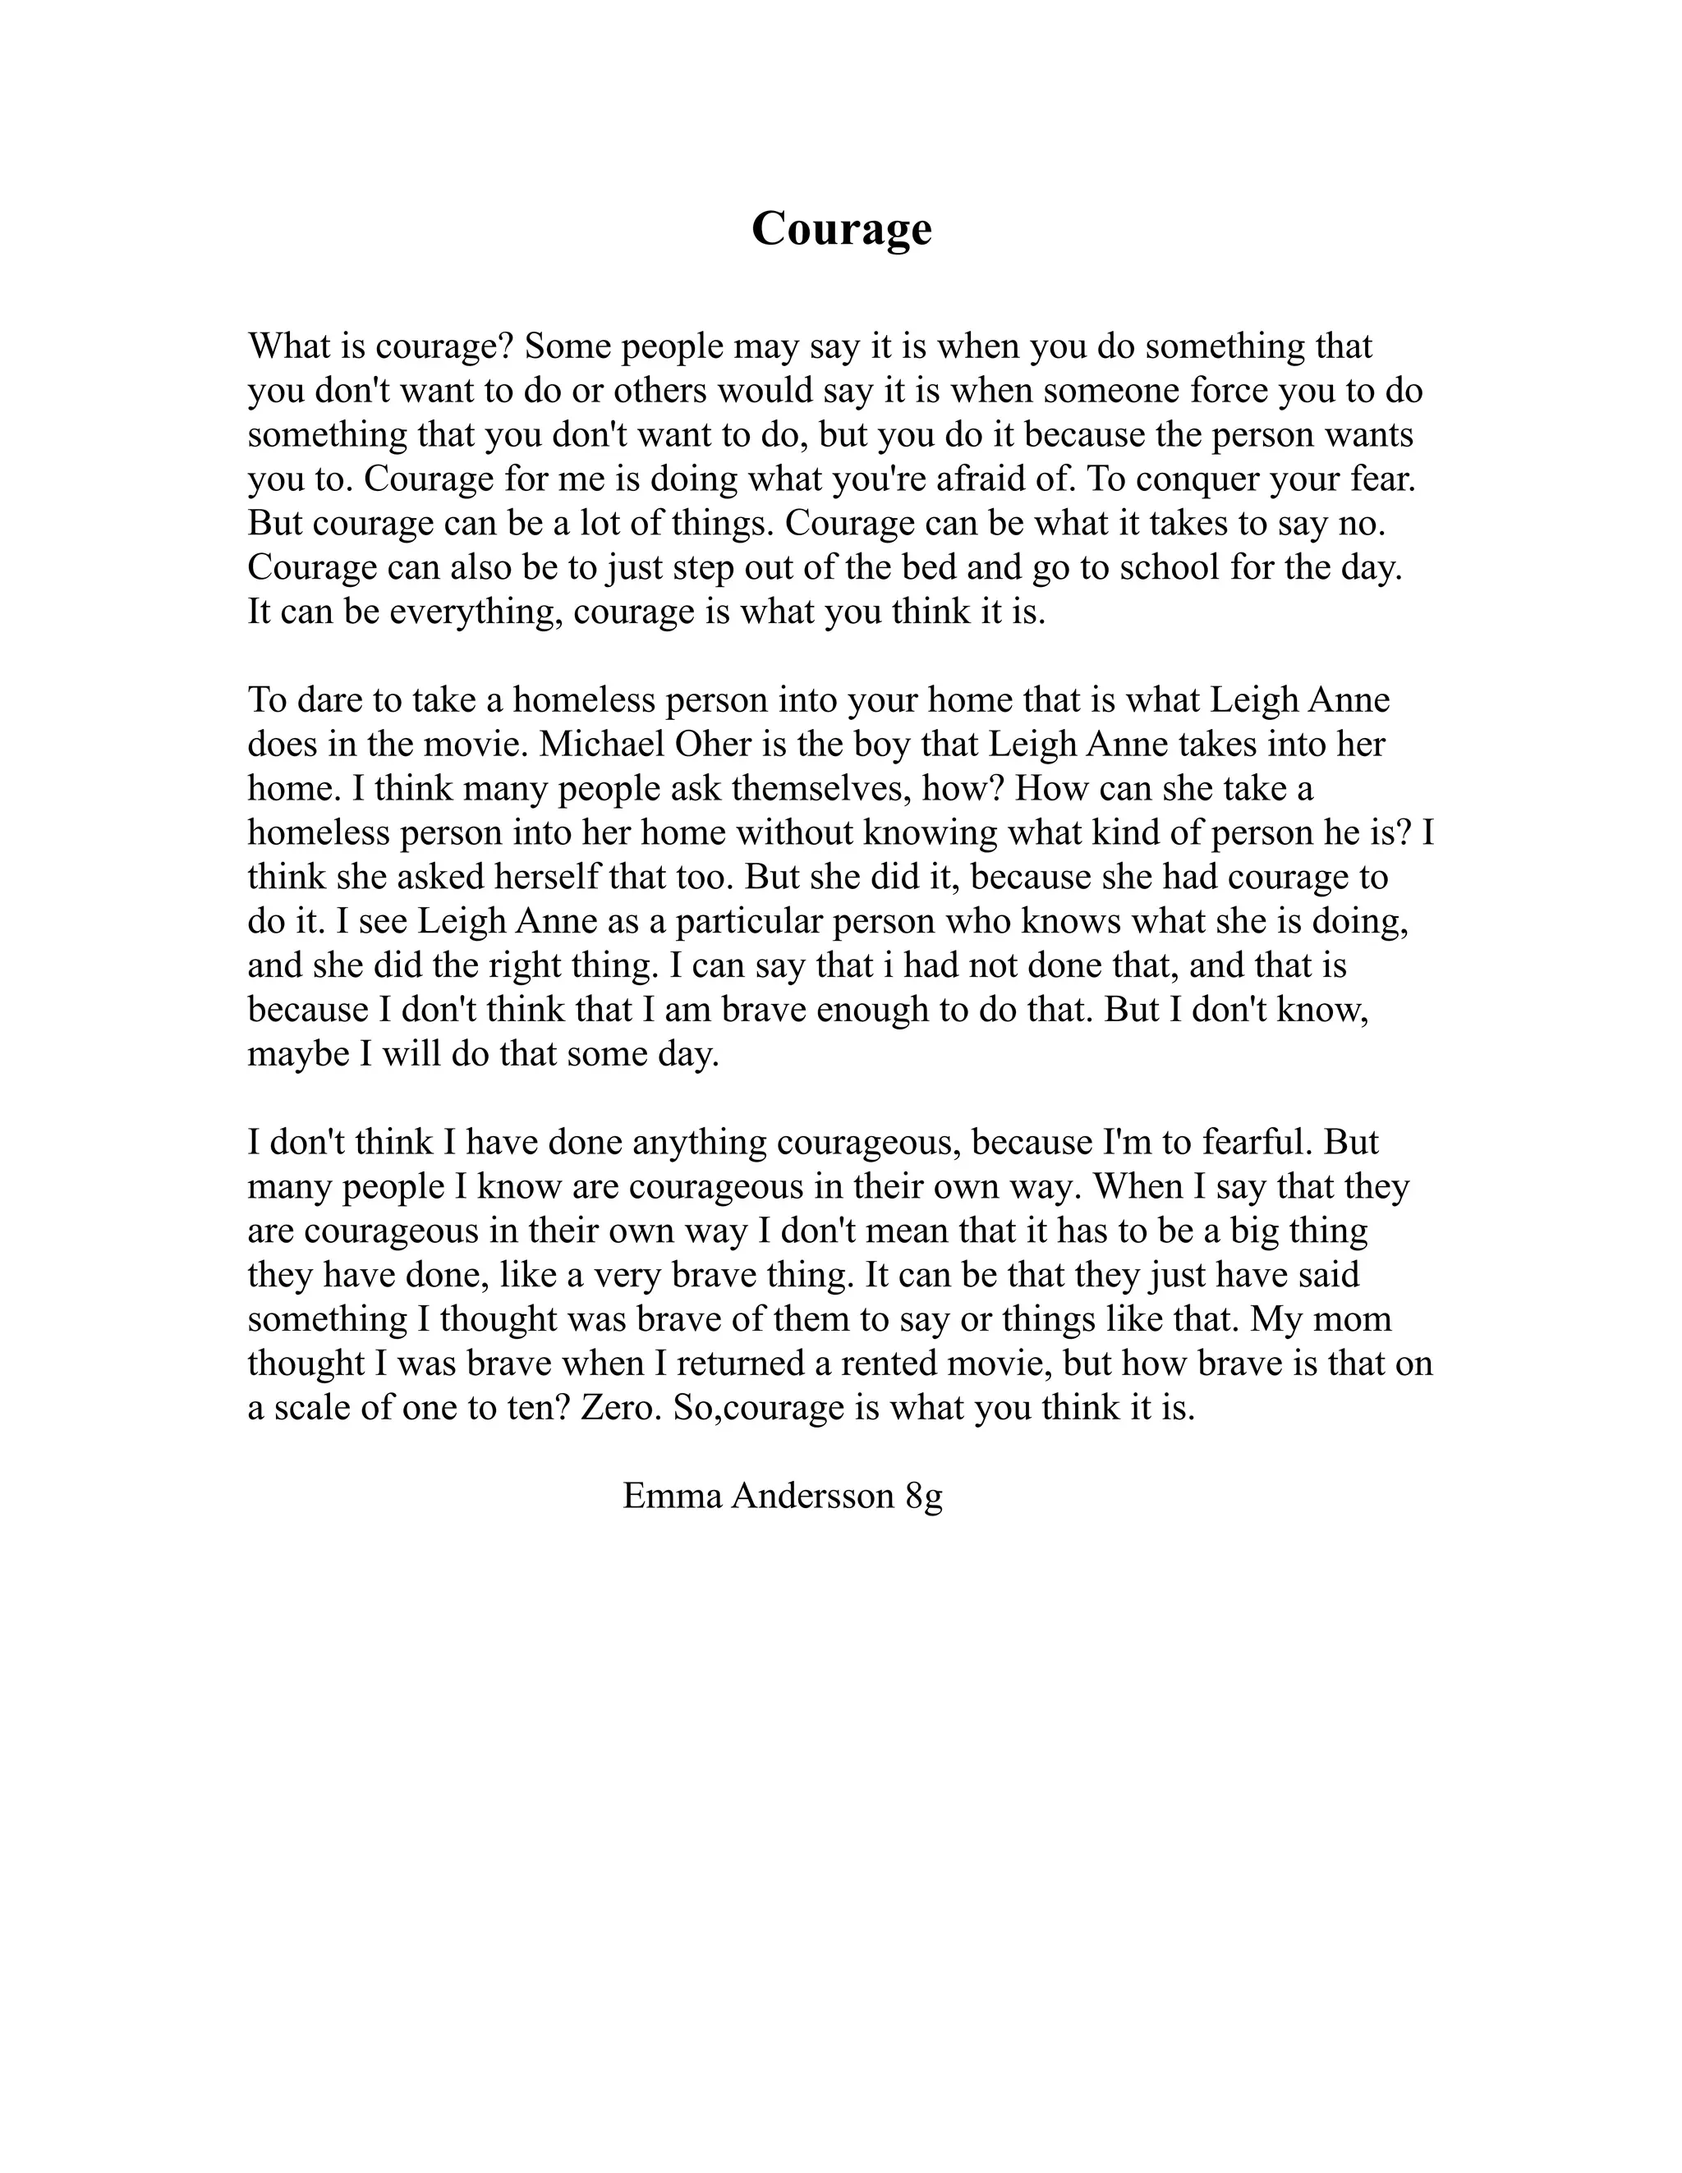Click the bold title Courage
[x=841, y=229]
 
